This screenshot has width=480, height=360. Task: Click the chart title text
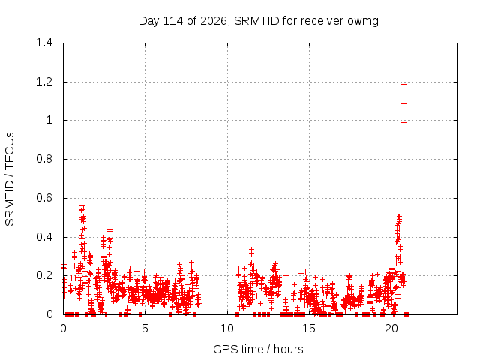click(259, 21)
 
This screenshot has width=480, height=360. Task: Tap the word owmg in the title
click(363, 22)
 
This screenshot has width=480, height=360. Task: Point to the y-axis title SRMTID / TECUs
click(10, 179)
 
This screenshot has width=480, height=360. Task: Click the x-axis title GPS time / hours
click(258, 349)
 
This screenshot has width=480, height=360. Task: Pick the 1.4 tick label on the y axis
click(44, 43)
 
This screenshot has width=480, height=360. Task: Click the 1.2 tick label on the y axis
click(44, 82)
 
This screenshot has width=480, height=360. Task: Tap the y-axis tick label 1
click(49, 120)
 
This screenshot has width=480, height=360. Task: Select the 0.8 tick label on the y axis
click(44, 159)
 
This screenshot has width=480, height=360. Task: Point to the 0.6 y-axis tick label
click(44, 198)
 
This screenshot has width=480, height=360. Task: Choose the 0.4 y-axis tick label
click(44, 237)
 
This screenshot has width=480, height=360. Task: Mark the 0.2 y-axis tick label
click(44, 275)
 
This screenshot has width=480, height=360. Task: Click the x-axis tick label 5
click(145, 328)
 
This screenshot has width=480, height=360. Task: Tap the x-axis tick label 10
click(227, 328)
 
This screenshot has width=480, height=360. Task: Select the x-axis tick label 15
click(309, 328)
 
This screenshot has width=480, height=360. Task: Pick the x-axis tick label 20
click(391, 328)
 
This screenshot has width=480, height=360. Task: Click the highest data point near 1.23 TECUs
click(403, 76)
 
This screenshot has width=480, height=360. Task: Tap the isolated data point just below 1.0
click(403, 123)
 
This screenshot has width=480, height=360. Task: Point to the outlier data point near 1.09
click(403, 103)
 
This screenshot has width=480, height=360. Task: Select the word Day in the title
click(148, 21)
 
